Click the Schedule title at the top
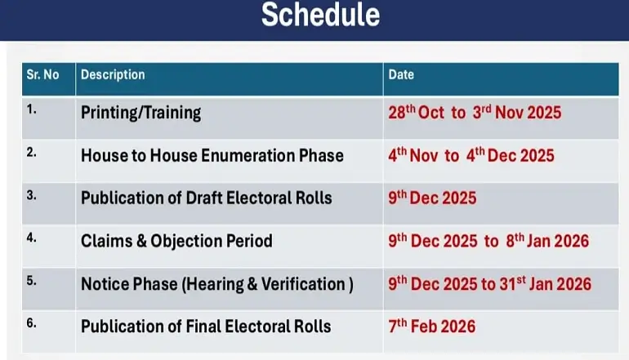point(319,16)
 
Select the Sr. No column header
point(42,75)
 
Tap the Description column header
point(113,75)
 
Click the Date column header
point(401,75)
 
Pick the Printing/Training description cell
point(141,113)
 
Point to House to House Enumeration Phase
point(212,155)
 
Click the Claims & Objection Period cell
point(176,241)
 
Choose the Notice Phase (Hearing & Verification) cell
point(217,284)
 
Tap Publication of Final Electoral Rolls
point(206,327)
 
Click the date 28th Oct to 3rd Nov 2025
point(475,112)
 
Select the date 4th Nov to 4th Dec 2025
point(471,154)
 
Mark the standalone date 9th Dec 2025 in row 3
point(432,198)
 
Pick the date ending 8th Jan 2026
point(488,241)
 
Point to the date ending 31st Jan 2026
point(489,284)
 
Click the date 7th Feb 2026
point(431,327)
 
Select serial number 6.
point(32,322)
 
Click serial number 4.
point(32,237)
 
